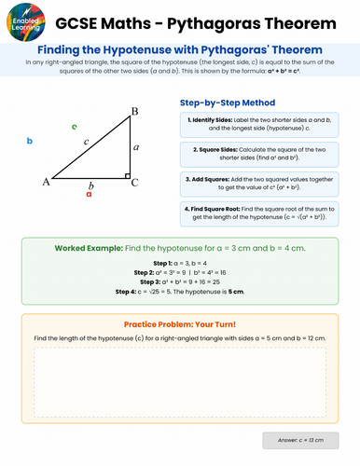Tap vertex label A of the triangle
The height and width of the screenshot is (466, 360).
(46, 183)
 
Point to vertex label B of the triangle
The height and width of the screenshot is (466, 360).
(134, 113)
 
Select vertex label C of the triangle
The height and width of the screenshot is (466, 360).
(134, 184)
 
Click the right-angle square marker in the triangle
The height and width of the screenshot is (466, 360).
(125, 174)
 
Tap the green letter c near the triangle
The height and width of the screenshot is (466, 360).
(74, 125)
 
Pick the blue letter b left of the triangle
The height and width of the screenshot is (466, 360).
(30, 141)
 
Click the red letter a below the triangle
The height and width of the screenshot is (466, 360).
(89, 195)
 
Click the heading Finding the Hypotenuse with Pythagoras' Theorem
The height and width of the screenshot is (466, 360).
(180, 48)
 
